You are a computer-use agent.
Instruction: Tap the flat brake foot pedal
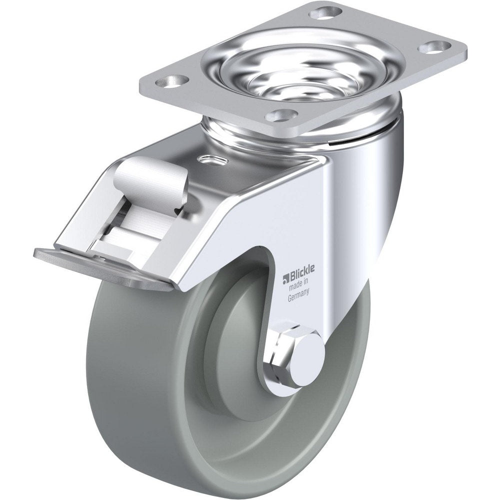pos(100,267)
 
